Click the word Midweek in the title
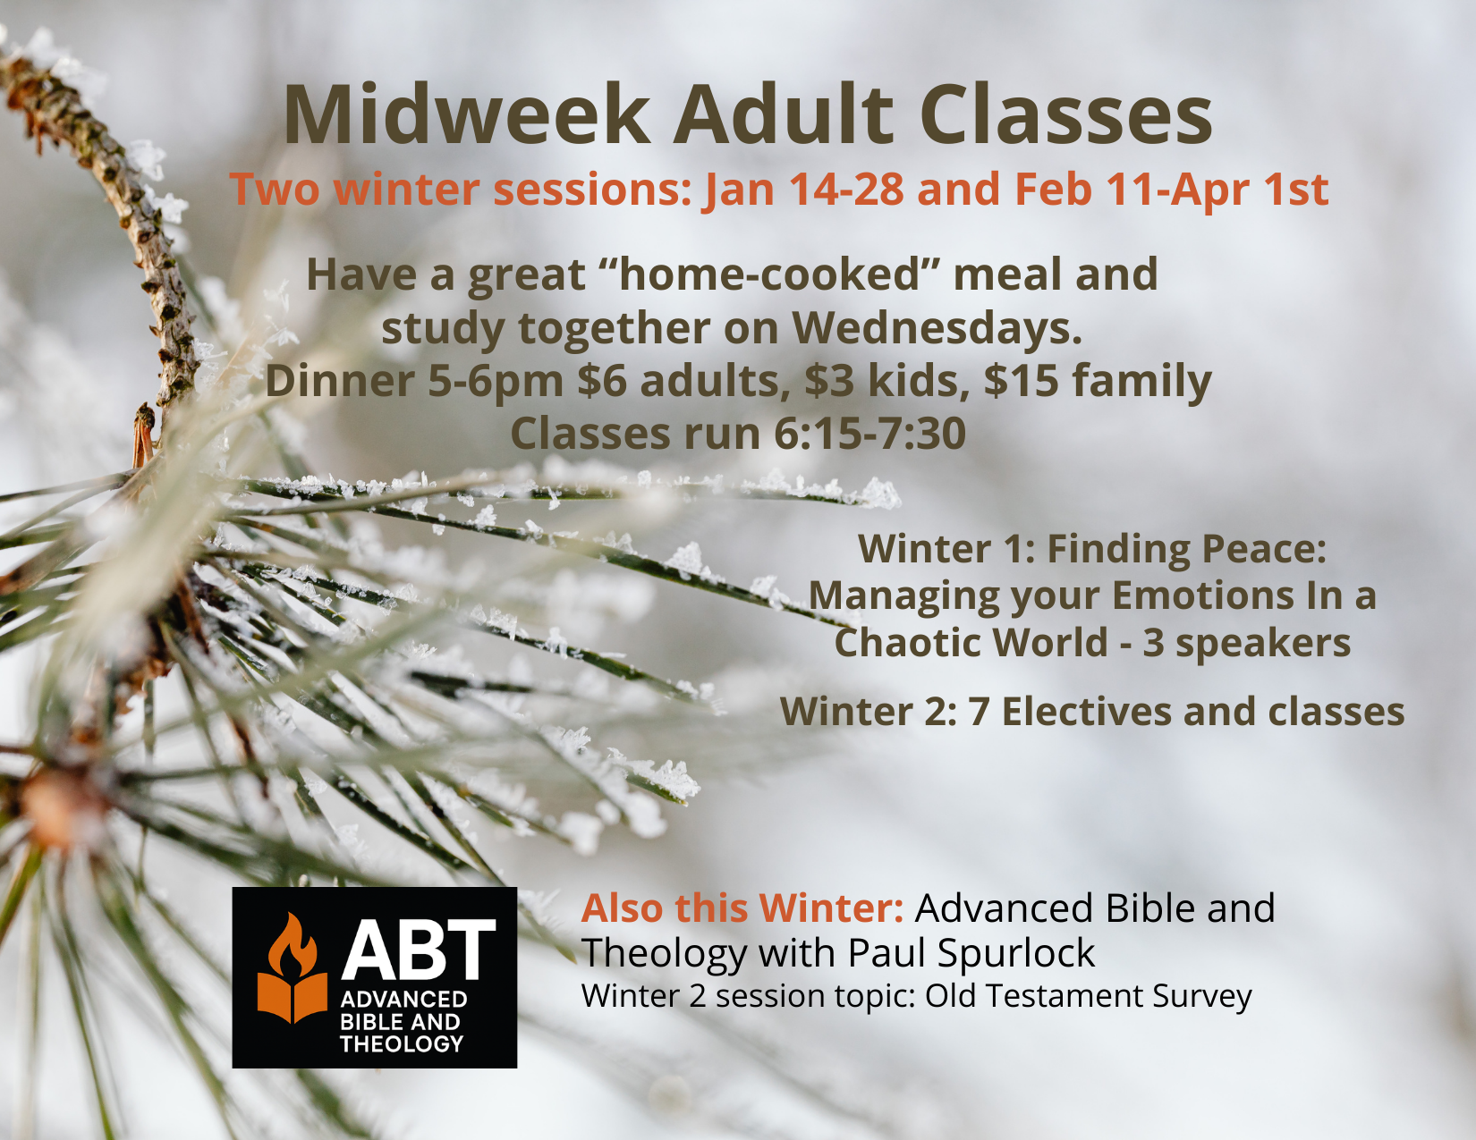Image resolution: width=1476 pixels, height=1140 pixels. click(467, 114)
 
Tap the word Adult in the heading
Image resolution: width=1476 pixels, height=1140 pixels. click(783, 114)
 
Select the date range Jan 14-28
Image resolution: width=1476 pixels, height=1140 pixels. click(805, 190)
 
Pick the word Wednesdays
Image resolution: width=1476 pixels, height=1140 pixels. click(937, 328)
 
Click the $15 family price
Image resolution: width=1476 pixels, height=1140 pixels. click(1098, 383)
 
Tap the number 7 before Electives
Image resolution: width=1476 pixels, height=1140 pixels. click(978, 713)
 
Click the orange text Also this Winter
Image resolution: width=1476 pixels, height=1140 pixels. click(742, 908)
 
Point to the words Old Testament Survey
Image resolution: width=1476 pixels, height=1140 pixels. click(1088, 997)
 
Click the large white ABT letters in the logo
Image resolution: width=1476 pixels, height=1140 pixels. click(418, 950)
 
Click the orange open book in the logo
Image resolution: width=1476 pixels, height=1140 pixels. click(293, 998)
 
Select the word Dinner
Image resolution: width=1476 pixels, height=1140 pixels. click(340, 381)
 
